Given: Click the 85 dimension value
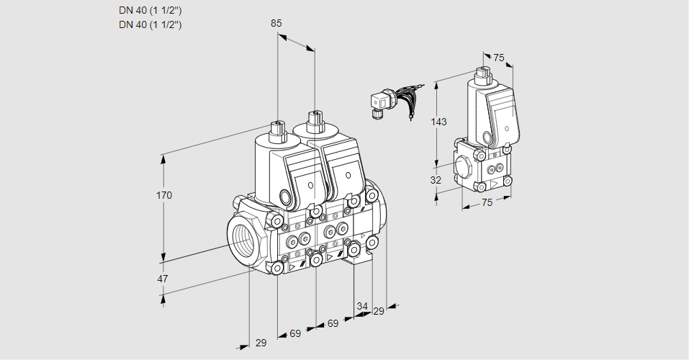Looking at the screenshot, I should pyautogui.click(x=276, y=23).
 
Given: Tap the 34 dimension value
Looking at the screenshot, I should pyautogui.click(x=361, y=307).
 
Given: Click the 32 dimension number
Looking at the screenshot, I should pyautogui.click(x=436, y=180).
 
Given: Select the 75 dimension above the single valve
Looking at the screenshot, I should pyautogui.click(x=499, y=58).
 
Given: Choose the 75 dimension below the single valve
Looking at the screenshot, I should pyautogui.click(x=487, y=203).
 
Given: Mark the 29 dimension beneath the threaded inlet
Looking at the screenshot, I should pyautogui.click(x=261, y=343).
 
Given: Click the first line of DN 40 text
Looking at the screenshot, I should pyautogui.click(x=150, y=11).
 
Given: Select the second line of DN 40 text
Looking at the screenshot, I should pyautogui.click(x=150, y=24).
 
